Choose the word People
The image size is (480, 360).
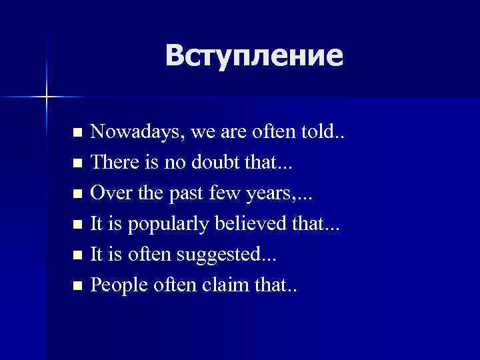click(116, 285)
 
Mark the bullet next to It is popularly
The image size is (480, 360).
click(78, 225)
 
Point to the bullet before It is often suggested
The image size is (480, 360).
click(78, 255)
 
